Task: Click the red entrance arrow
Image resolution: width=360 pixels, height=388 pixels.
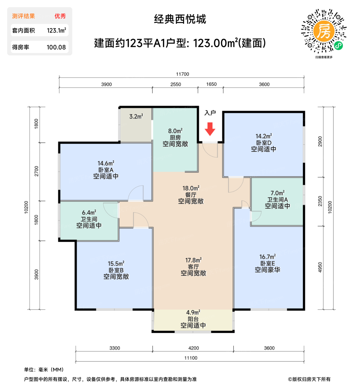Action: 210,129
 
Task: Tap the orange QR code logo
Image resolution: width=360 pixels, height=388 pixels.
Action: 324,31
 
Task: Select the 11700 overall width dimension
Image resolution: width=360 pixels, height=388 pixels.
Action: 182,74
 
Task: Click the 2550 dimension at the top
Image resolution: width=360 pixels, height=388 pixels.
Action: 176,84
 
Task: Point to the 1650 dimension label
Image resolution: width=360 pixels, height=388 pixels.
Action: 211,84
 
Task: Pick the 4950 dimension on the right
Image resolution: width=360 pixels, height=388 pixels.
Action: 320,267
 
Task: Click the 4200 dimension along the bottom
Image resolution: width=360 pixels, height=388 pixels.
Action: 194,348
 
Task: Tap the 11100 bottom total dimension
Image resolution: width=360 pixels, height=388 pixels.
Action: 191,358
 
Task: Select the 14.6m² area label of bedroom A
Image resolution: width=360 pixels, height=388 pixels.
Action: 106,163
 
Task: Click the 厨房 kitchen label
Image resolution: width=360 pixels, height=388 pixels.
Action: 175,137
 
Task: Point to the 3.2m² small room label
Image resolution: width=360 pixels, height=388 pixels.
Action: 136,116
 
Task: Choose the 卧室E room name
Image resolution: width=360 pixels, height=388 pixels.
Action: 267,263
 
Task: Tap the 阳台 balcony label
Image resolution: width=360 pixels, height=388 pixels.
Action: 193,319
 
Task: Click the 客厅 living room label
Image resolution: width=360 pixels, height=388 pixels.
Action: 193,267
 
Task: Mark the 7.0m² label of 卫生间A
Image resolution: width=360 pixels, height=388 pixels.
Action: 277,193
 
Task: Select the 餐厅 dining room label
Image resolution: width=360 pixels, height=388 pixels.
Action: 191,195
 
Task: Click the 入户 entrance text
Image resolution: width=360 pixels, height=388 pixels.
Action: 210,113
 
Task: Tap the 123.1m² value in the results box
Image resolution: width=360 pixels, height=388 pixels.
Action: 56,30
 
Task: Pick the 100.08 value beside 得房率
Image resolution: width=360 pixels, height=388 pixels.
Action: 56,47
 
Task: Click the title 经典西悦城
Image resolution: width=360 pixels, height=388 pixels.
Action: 180,19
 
